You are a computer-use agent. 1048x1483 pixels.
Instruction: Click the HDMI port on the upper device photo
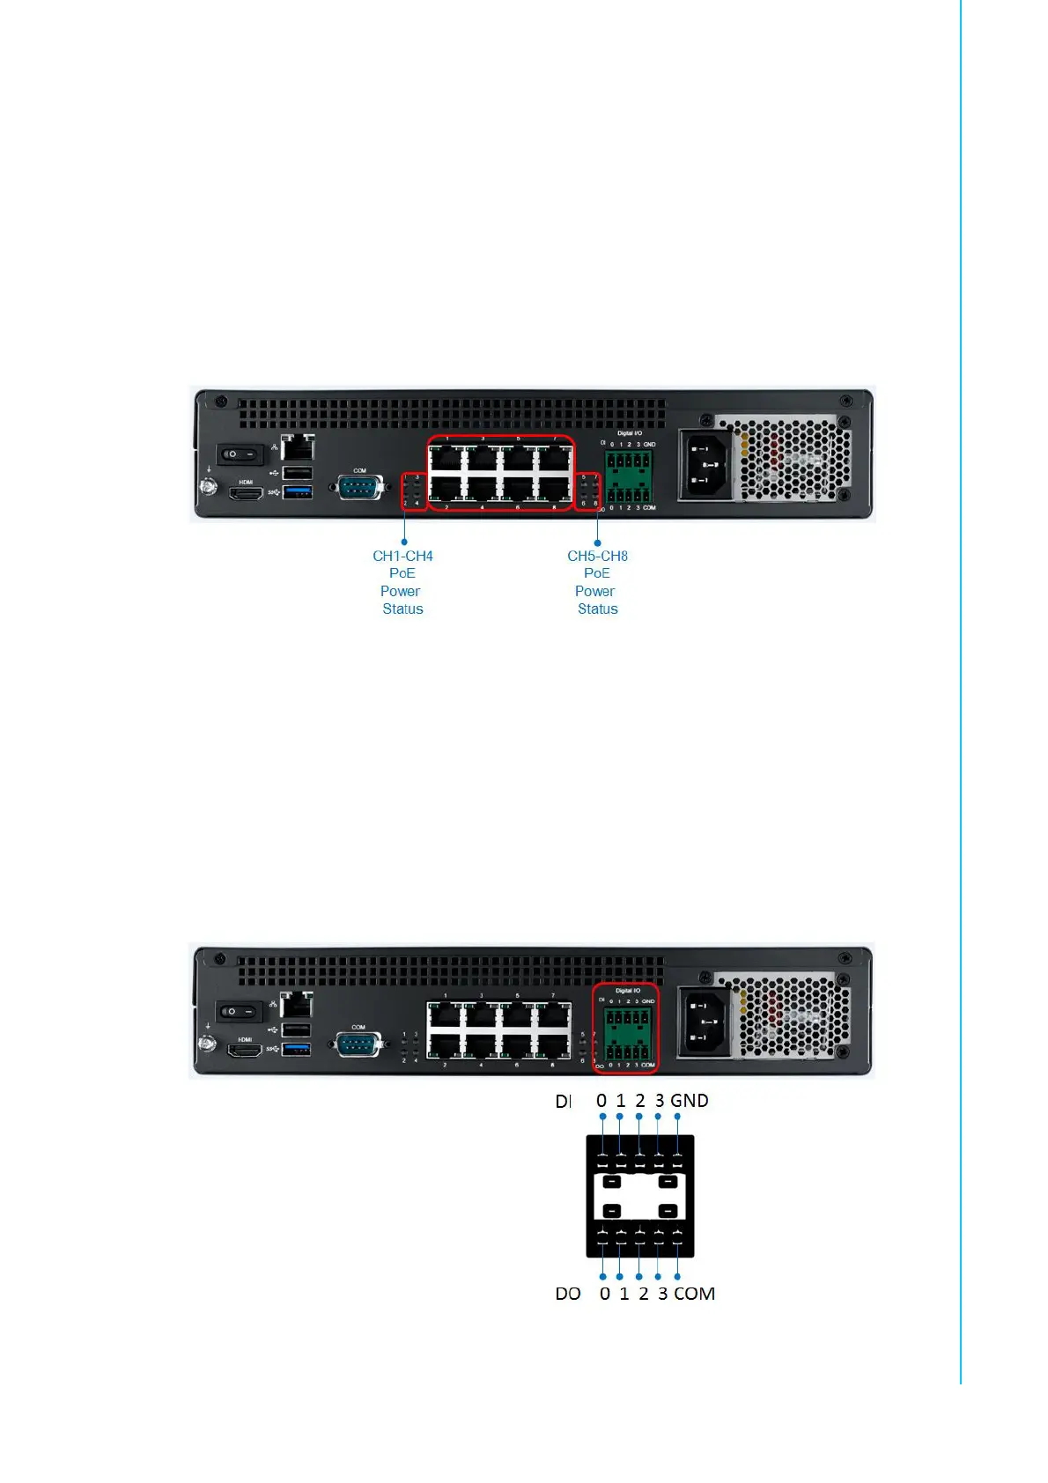(246, 494)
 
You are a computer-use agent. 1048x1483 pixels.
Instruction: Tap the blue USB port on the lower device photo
(296, 1049)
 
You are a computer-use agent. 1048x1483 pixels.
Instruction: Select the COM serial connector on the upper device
(359, 487)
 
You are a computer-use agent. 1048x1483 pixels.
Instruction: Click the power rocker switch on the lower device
(239, 1011)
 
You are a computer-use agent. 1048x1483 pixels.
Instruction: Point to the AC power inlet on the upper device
(705, 464)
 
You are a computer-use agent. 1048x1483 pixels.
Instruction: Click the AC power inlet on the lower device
(704, 1022)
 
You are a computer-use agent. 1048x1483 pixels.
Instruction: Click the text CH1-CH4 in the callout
(402, 557)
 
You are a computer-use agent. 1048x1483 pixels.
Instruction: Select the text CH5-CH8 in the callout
(597, 557)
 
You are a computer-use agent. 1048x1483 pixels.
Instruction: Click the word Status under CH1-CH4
(402, 609)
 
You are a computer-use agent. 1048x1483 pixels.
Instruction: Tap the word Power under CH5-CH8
(594, 592)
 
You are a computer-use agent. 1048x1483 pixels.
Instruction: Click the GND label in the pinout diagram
(690, 1101)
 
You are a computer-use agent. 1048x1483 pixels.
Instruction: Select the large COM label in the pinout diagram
(694, 1294)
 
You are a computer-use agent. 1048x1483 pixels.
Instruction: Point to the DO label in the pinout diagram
(568, 1294)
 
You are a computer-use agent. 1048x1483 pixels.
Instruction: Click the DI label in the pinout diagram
(564, 1101)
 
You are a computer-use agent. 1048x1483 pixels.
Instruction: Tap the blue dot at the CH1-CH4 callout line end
(404, 542)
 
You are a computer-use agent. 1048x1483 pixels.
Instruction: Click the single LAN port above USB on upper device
(299, 446)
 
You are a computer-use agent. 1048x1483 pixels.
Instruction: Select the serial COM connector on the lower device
(358, 1044)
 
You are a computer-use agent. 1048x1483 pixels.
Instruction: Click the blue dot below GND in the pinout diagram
(677, 1117)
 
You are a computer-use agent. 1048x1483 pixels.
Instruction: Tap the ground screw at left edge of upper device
(209, 485)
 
